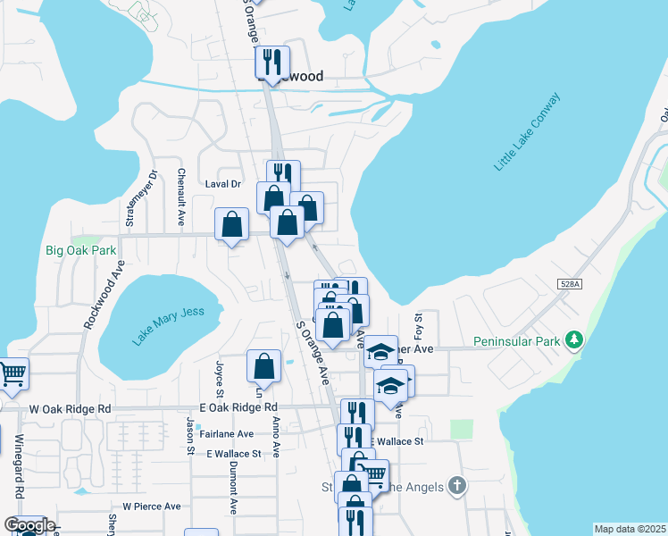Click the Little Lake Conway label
click(528, 131)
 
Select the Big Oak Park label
click(81, 251)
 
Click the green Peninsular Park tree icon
click(577, 339)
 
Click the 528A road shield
click(570, 284)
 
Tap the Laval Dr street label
click(223, 184)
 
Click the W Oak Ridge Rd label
click(70, 408)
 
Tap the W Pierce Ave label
click(152, 507)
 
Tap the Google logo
click(29, 525)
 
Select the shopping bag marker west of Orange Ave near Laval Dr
click(232, 223)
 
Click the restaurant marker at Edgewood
click(272, 62)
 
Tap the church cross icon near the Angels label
click(456, 487)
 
